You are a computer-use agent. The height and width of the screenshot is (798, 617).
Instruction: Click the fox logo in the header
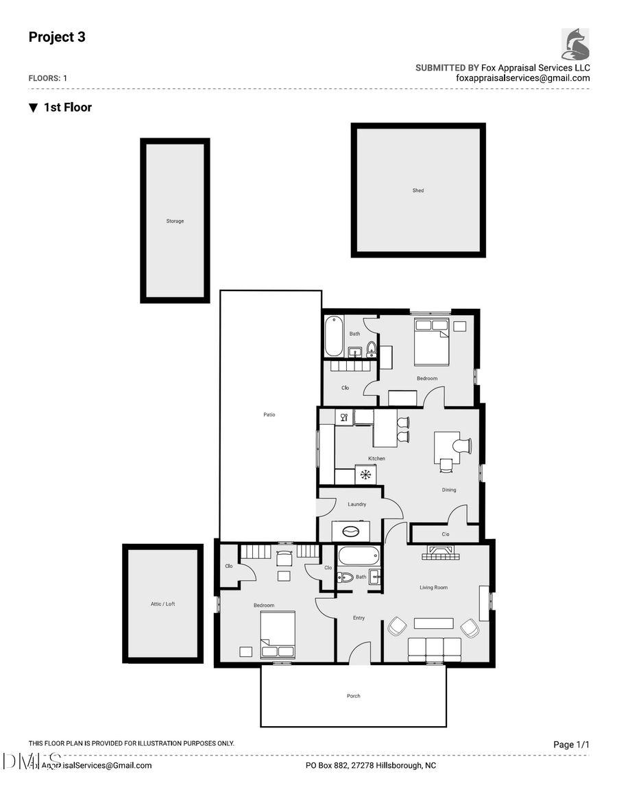pyautogui.click(x=575, y=44)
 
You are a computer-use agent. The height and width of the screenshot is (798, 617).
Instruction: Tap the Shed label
pyautogui.click(x=418, y=190)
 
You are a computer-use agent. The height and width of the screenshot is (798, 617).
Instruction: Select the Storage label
pyautogui.click(x=175, y=221)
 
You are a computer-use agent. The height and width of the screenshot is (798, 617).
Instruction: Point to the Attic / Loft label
pyautogui.click(x=163, y=603)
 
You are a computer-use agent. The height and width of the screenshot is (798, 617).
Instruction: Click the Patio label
pyautogui.click(x=269, y=414)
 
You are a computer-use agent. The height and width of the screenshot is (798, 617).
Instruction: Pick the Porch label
pyautogui.click(x=353, y=696)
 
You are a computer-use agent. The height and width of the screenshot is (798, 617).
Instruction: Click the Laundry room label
pyautogui.click(x=356, y=504)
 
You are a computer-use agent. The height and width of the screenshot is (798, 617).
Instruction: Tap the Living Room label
pyautogui.click(x=433, y=588)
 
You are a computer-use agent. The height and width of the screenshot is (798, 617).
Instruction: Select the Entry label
pyautogui.click(x=359, y=618)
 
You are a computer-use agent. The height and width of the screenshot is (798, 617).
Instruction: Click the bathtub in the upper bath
pyautogui.click(x=333, y=336)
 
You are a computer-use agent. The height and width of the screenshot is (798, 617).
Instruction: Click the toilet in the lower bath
pyautogui.click(x=346, y=577)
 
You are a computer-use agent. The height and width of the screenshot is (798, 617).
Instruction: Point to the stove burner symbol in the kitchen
pyautogui.click(x=365, y=474)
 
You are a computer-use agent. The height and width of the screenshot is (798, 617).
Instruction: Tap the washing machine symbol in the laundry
pyautogui.click(x=350, y=532)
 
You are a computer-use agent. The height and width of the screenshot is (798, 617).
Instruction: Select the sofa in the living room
pyautogui.click(x=435, y=649)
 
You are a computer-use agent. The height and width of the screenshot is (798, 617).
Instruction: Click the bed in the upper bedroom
pyautogui.click(x=431, y=340)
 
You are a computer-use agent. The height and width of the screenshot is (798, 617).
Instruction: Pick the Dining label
pyautogui.click(x=449, y=490)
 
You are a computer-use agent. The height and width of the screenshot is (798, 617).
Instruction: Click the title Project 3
pyautogui.click(x=57, y=37)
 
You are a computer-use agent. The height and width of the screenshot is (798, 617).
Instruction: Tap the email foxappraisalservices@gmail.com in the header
pyautogui.click(x=522, y=78)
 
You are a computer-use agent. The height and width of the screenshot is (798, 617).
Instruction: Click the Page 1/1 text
pyautogui.click(x=571, y=745)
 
